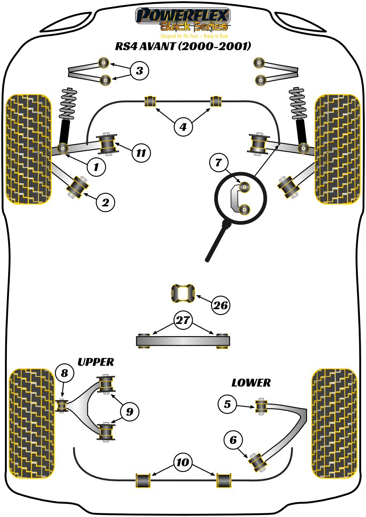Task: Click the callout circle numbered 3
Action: pos(139,71)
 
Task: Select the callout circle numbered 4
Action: pos(183,127)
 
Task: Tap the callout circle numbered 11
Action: pos(141,153)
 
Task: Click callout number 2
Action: pos(105,202)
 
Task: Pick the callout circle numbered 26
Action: pos(220,305)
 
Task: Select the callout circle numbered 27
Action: pos(183,320)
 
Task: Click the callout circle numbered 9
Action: pos(129,411)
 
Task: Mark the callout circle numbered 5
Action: pos(227,404)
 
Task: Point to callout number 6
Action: pos(233,440)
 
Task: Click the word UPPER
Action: pos(96,362)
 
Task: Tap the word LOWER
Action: pos(251,383)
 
